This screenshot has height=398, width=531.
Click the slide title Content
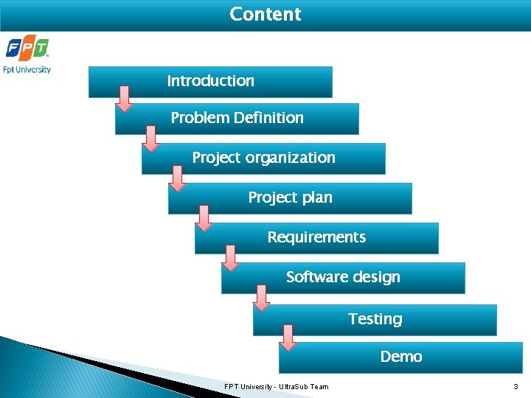point(265,15)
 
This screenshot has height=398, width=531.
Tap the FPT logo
point(27,49)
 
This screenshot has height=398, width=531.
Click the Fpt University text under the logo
point(27,70)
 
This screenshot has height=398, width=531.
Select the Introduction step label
point(210,81)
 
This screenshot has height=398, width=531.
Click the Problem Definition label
point(237,118)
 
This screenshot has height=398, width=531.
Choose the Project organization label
point(263,158)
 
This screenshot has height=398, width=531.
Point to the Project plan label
point(290,198)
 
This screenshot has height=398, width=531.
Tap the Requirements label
point(316,237)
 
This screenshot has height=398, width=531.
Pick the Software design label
point(343,277)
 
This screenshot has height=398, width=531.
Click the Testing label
point(375,319)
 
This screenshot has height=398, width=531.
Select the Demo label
point(401,357)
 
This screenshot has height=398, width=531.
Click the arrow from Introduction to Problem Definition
point(125,99)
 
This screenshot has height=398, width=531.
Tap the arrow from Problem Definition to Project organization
point(151,138)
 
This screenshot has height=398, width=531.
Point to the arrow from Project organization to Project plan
point(178,178)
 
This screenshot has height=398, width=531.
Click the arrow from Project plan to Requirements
point(204,217)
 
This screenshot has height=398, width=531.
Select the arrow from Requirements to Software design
point(231,257)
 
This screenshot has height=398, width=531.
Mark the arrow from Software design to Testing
point(261,298)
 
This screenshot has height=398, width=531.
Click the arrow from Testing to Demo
point(288,337)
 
